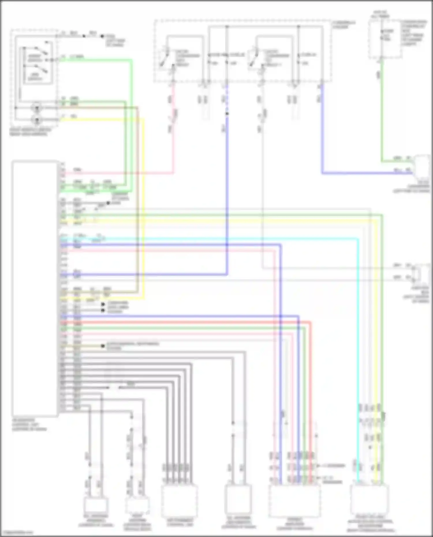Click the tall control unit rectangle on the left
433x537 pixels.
coord(35,289)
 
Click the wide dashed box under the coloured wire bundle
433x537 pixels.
coord(294,501)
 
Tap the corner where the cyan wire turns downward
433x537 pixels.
coord(358,239)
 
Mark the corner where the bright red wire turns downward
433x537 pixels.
coord(311,322)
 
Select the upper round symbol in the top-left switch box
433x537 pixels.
coord(37,108)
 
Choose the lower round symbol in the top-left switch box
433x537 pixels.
coord(37,119)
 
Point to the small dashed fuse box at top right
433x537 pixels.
coord(385,39)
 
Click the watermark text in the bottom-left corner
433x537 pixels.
coord(17,532)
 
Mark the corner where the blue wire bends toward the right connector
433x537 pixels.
coord(322,173)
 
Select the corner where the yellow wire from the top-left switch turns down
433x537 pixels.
coord(143,119)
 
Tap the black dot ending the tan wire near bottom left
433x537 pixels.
coord(103,346)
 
